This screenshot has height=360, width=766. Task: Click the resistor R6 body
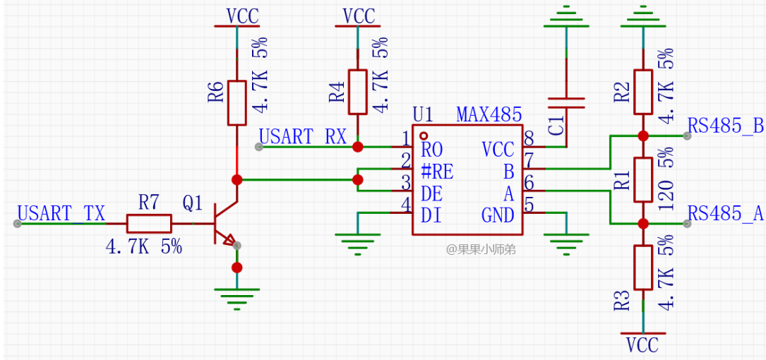[237, 102]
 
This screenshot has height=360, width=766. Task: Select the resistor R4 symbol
[358, 92]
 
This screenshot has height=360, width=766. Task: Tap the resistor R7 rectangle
[149, 224]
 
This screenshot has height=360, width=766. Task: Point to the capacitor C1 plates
[566, 103]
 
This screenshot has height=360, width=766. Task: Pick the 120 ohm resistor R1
[642, 179]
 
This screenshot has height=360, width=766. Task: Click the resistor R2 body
[642, 92]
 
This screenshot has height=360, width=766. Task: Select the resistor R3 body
[642, 267]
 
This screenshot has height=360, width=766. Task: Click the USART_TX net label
[61, 213]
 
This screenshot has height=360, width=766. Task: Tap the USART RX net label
[303, 136]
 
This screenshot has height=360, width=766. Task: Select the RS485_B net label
[726, 126]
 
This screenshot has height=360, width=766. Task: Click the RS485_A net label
[726, 214]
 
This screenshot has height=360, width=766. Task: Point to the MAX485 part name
[489, 114]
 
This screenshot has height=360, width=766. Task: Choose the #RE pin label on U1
[437, 171]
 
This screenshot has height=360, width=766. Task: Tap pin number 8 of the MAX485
[529, 137]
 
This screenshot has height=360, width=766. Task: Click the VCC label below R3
[642, 345]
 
